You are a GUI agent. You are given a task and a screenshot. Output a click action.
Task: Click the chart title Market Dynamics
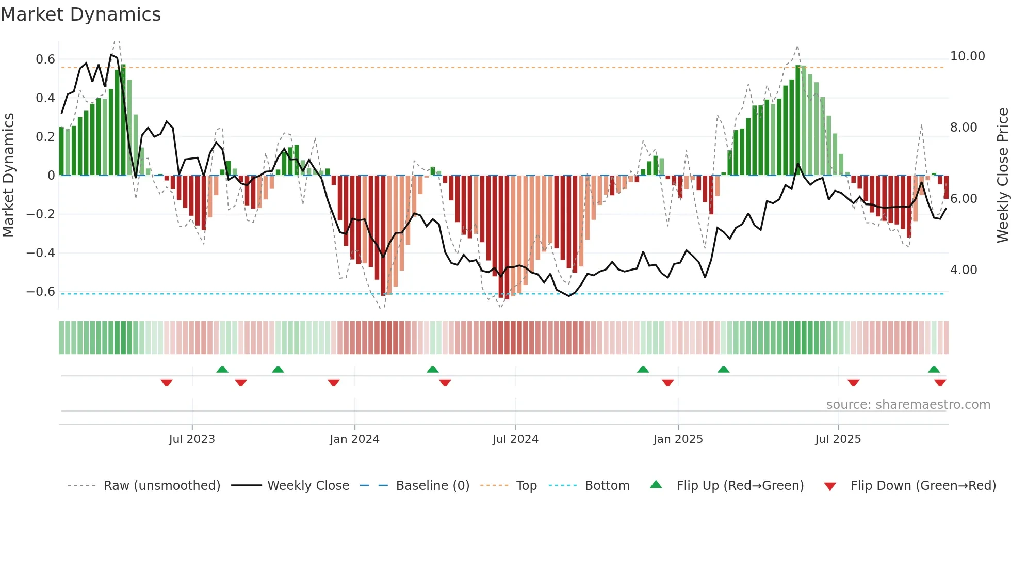coord(81,14)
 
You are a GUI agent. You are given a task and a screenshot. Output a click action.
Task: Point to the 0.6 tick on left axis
coord(45,59)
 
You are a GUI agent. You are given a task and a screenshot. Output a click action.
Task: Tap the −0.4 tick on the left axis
coord(41,253)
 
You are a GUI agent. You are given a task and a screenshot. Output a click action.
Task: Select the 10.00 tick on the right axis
coord(967,56)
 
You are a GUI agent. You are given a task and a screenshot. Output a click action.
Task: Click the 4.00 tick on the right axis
coord(963,270)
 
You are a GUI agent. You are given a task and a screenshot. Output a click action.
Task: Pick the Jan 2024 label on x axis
coord(354,439)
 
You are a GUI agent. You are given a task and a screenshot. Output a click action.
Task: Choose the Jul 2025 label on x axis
coord(838,439)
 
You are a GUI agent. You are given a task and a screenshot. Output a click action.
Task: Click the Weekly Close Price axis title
coord(1002,175)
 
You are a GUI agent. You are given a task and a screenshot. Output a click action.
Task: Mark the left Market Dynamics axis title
coord(8,175)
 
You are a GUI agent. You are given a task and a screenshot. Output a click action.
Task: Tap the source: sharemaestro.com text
coord(908,405)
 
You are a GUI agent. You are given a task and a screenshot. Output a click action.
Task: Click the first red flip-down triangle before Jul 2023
coord(166,383)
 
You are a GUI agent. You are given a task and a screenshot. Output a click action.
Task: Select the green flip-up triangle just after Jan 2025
coord(723,369)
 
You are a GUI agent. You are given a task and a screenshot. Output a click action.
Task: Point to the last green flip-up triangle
coord(934,369)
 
